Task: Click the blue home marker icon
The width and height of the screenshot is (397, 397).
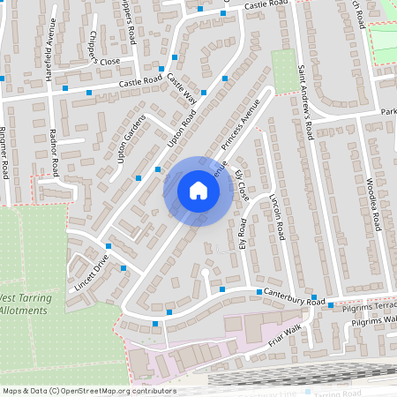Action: point(198,191)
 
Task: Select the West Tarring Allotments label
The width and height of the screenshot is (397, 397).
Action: point(26,303)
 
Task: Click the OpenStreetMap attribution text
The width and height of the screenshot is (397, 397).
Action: point(88,390)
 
